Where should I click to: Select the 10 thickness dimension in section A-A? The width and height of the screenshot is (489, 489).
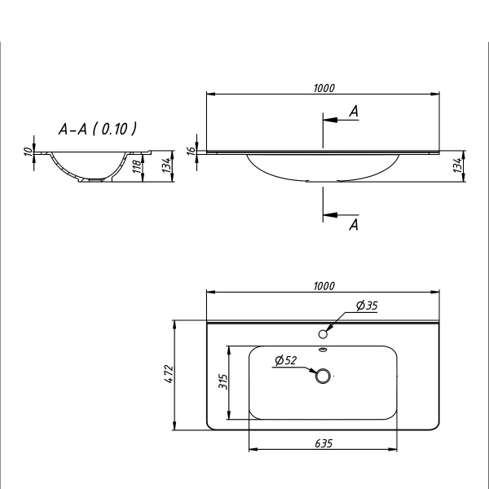click(28, 151)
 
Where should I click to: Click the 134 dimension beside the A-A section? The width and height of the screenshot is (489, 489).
click(167, 166)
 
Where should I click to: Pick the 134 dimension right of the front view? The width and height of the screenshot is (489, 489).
click(459, 165)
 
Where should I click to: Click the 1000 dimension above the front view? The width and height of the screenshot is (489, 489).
click(324, 88)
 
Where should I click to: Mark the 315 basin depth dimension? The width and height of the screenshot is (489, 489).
click(222, 381)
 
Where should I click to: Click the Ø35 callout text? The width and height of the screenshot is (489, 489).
click(367, 306)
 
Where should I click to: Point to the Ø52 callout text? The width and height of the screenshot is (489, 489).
click(285, 360)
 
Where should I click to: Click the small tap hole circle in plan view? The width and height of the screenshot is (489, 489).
click(323, 333)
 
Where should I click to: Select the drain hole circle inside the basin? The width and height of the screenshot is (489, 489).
click(323, 376)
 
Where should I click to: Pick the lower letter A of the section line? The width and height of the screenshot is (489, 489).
click(353, 225)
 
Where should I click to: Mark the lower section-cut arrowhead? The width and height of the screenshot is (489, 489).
click(328, 215)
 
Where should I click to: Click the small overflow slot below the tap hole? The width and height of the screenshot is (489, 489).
click(323, 350)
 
